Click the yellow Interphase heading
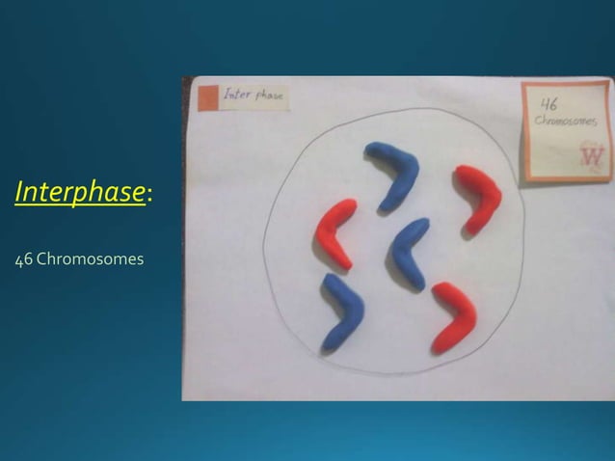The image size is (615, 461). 80,192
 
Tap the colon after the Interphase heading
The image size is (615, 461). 148,196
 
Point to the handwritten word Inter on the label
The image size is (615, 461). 235,95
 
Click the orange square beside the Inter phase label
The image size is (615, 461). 207,97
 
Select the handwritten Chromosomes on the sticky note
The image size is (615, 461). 565,122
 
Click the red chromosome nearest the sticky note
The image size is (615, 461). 478,197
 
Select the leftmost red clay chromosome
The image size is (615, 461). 335,231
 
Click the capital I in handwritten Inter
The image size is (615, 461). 227,95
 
